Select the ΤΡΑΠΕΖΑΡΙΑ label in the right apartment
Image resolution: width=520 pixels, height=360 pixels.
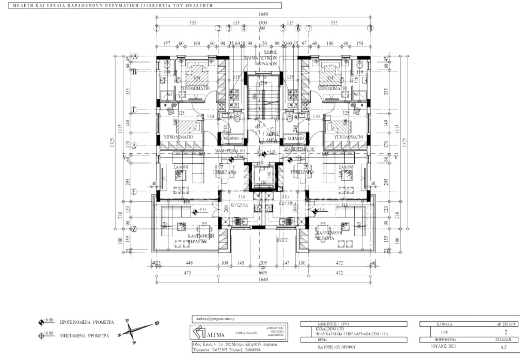301,172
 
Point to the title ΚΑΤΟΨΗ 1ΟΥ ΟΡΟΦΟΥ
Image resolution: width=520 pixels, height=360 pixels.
337,347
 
